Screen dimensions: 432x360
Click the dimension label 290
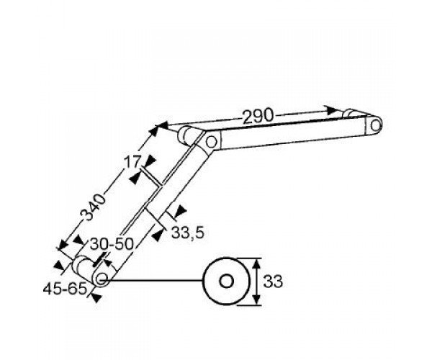point(258,116)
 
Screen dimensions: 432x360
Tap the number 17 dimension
point(132,162)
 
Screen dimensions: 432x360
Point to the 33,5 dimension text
point(188,233)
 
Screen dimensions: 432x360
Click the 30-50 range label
point(112,244)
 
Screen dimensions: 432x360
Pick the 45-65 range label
point(65,289)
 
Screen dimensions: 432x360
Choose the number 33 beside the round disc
point(273,282)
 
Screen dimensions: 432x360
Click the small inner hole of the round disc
point(226,282)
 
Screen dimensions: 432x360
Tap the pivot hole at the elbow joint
point(211,142)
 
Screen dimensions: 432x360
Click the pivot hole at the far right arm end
point(374,125)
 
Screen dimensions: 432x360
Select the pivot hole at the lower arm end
point(102,277)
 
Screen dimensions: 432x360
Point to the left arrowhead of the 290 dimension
point(162,126)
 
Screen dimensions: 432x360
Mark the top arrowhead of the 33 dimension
point(256,264)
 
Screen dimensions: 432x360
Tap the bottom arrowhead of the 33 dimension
point(256,300)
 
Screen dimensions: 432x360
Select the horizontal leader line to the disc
point(153,281)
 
